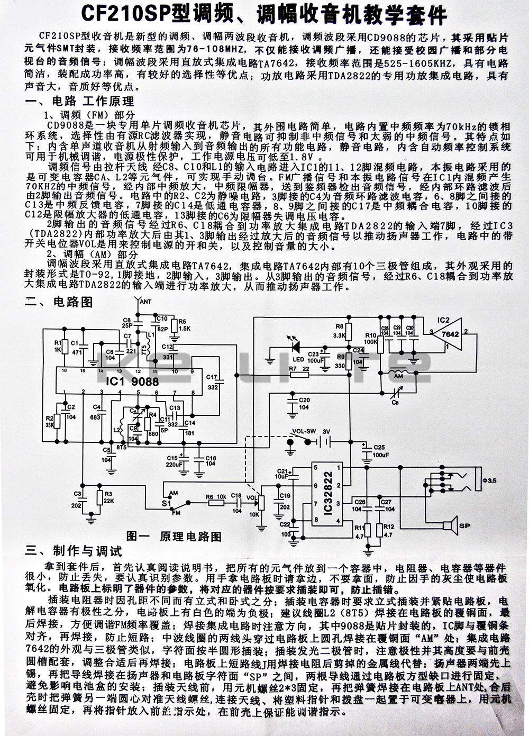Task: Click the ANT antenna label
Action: (x=144, y=302)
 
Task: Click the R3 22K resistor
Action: (x=98, y=498)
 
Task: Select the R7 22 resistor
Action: (x=298, y=374)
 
